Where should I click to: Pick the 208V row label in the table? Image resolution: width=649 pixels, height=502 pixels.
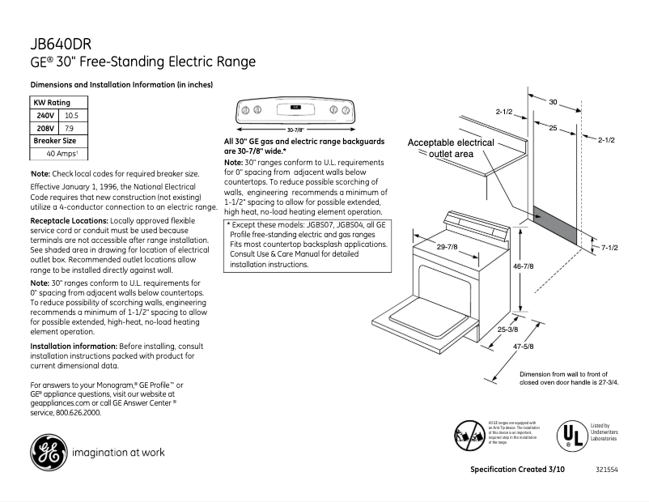(44, 128)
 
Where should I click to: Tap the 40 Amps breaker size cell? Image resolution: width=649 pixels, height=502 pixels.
(62, 153)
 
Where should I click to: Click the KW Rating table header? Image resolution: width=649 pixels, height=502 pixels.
(51, 103)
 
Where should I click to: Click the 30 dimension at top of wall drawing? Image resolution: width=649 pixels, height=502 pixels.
(553, 102)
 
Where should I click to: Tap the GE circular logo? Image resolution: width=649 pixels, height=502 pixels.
(48, 451)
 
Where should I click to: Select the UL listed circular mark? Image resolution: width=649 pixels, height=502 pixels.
(571, 435)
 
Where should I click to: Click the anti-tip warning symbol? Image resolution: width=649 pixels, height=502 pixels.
(470, 435)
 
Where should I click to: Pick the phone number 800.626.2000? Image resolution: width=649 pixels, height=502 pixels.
(78, 412)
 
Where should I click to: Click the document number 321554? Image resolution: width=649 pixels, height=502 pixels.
(605, 470)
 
